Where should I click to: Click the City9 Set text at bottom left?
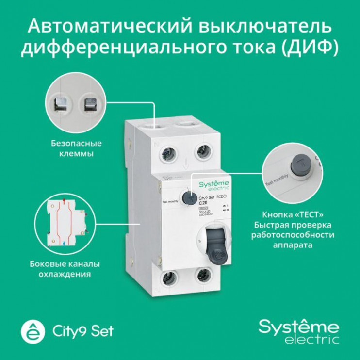click(x=82, y=331)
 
